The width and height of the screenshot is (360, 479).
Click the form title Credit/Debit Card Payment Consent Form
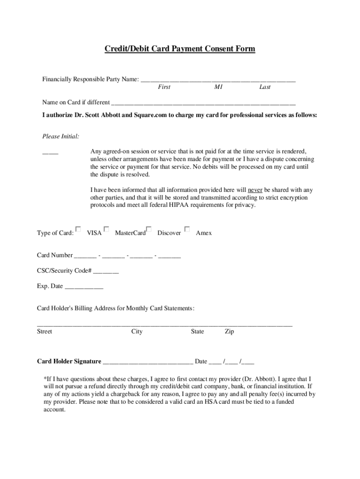[x=180, y=49]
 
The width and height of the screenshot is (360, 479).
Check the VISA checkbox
[x=79, y=229]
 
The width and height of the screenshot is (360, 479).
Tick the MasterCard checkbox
[x=107, y=229]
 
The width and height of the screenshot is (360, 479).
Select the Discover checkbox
[x=149, y=229]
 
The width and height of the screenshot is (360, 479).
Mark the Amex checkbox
[x=187, y=229]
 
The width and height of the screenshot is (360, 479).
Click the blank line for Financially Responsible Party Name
[x=218, y=80]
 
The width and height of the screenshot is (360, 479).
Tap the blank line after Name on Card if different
[x=203, y=103]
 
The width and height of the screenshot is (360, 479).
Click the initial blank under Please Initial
[x=50, y=152]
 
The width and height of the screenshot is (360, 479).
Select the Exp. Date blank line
[x=84, y=287]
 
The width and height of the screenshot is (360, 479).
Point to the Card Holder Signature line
[x=148, y=362]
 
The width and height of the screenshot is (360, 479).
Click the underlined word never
[x=255, y=190]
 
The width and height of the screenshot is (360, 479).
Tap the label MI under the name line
[x=218, y=87]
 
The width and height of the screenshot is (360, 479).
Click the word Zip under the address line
[x=229, y=332]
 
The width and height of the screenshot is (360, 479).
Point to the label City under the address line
[x=137, y=332]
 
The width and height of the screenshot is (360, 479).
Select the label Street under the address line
[x=44, y=332]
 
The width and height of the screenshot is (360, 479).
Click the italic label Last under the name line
[x=265, y=87]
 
